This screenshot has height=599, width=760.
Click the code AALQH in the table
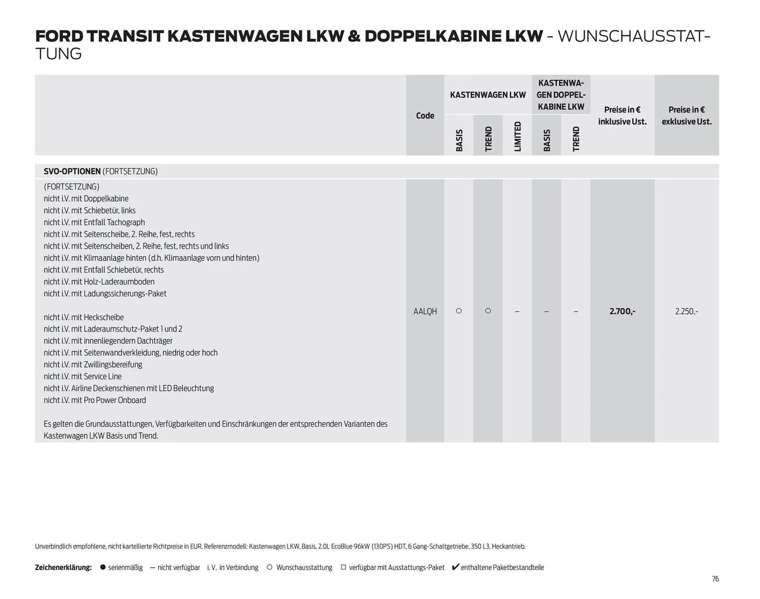click(425, 311)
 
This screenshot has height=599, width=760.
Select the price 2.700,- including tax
click(622, 311)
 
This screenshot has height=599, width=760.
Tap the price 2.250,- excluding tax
click(686, 311)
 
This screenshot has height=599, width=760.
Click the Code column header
click(425, 116)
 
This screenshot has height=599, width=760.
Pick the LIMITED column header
click(517, 136)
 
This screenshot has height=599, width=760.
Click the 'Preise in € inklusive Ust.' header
click(622, 116)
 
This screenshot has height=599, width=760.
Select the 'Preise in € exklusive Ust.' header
click(686, 116)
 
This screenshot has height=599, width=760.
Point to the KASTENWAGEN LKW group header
click(488, 95)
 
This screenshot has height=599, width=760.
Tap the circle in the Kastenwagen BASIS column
click(459, 311)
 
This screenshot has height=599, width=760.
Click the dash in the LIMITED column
click(517, 312)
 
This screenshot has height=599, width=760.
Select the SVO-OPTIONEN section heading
click(72, 171)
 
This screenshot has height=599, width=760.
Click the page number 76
click(715, 579)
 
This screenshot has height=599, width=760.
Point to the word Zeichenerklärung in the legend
click(63, 567)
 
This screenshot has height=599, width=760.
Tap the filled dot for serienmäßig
click(103, 567)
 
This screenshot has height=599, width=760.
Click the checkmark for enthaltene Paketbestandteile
click(455, 567)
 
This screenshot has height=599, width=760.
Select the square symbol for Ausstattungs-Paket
click(343, 567)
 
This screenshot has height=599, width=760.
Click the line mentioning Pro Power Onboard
click(95, 400)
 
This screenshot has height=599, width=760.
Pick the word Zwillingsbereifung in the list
click(113, 364)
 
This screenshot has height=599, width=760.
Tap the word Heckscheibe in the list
click(104, 317)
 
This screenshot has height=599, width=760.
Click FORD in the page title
click(59, 36)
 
